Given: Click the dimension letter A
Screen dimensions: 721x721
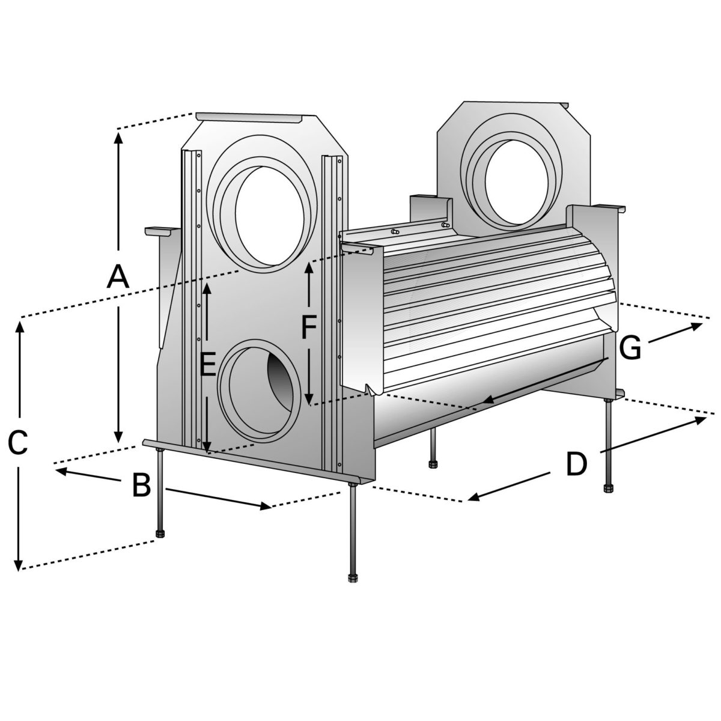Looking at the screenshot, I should pos(118,278).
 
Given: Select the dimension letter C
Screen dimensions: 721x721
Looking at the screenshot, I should pos(18,443).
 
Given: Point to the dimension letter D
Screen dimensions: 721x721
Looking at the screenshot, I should pos(576,464).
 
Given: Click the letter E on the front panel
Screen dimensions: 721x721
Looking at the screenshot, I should pos(207,365).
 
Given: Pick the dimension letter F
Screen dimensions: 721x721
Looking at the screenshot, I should pos(308,328).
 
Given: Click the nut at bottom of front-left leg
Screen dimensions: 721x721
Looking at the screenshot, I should pos(159,534).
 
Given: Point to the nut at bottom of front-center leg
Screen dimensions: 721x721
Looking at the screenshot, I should pos(352,578).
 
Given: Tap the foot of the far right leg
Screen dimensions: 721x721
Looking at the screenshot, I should pos(608,487).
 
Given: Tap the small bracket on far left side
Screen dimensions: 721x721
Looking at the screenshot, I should pos(159,230).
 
